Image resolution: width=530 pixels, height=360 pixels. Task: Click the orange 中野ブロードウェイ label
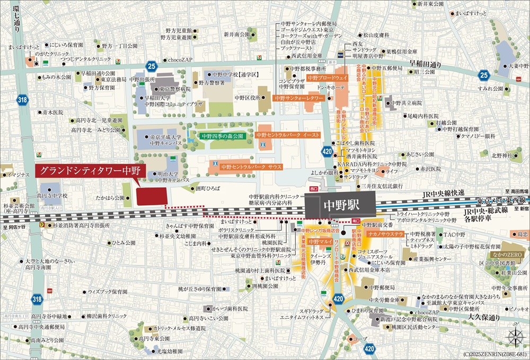[327, 77]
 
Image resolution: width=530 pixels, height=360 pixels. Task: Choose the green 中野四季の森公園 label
[222, 136]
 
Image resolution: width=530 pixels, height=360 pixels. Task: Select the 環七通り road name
[16, 21]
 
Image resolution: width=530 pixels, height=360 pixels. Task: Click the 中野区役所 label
[247, 98]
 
